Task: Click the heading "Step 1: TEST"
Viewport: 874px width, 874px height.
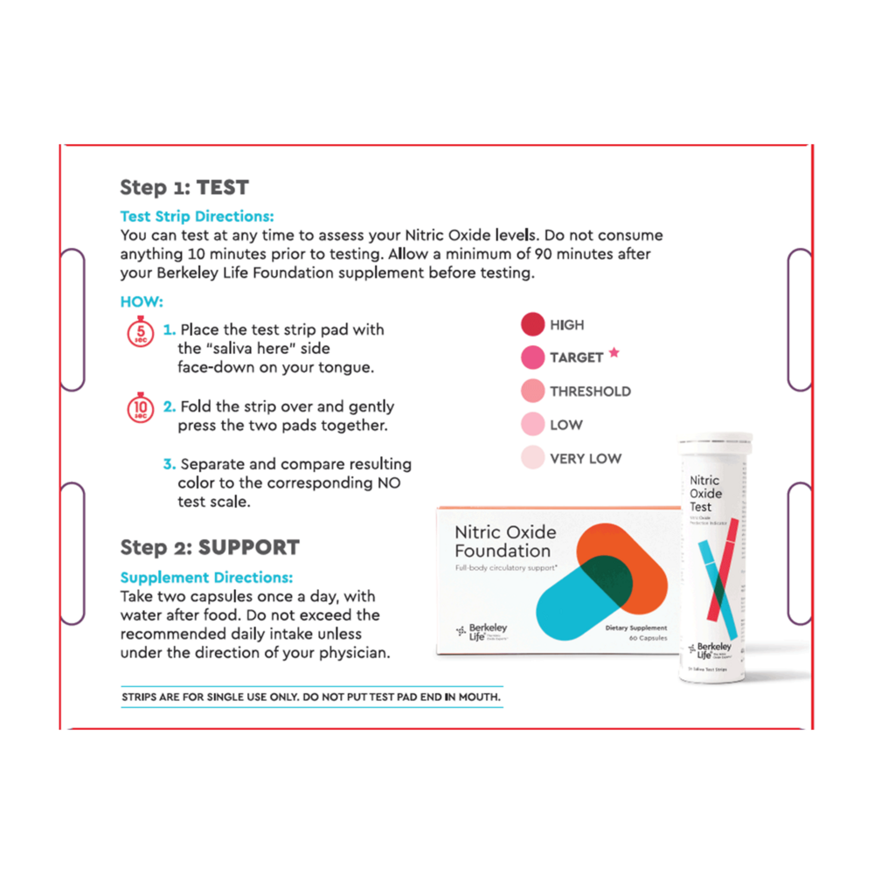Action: click(184, 187)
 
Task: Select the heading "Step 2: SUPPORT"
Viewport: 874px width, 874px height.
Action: click(210, 547)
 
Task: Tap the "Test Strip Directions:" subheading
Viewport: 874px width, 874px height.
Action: click(197, 215)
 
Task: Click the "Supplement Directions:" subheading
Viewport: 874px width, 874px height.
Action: click(206, 578)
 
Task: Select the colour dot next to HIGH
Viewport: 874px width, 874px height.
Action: click(532, 325)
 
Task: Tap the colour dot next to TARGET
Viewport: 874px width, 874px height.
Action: click(532, 357)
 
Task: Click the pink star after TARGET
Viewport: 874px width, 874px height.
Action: click(614, 353)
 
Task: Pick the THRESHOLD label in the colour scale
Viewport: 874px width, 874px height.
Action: click(590, 392)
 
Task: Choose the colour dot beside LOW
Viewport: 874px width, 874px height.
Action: click(532, 425)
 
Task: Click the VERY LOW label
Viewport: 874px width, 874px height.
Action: click(586, 458)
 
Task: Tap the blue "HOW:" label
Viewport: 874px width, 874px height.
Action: click(142, 302)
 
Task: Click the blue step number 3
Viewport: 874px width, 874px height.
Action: click(170, 464)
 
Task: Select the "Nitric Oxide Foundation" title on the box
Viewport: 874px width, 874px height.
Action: click(504, 542)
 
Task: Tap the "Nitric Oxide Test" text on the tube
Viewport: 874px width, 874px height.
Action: click(706, 493)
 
